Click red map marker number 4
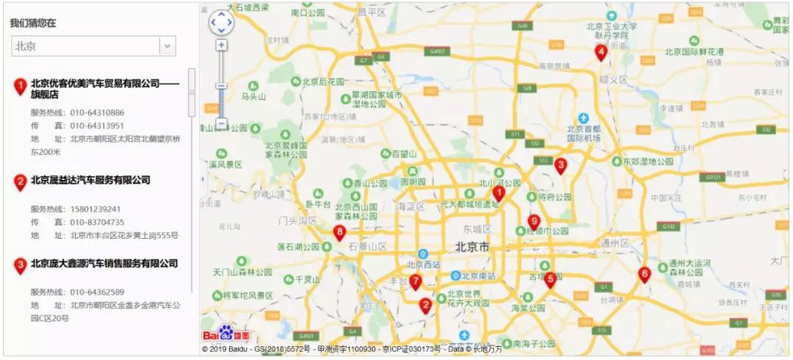point(601,52)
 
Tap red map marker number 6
point(645,275)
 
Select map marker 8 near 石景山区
point(339,233)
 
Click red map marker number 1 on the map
point(499,193)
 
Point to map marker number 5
point(550,279)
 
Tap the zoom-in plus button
point(221,46)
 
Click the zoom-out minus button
point(221,124)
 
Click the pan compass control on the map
point(221,22)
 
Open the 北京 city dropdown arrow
point(168,46)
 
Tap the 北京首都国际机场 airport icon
point(583,118)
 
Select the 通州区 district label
point(615,242)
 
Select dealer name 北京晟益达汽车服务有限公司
point(90,180)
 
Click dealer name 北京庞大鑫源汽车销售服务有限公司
point(104,263)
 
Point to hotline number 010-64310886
point(97,113)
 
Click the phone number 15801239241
point(95,209)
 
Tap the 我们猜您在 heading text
point(33,23)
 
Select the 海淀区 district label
point(410,206)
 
